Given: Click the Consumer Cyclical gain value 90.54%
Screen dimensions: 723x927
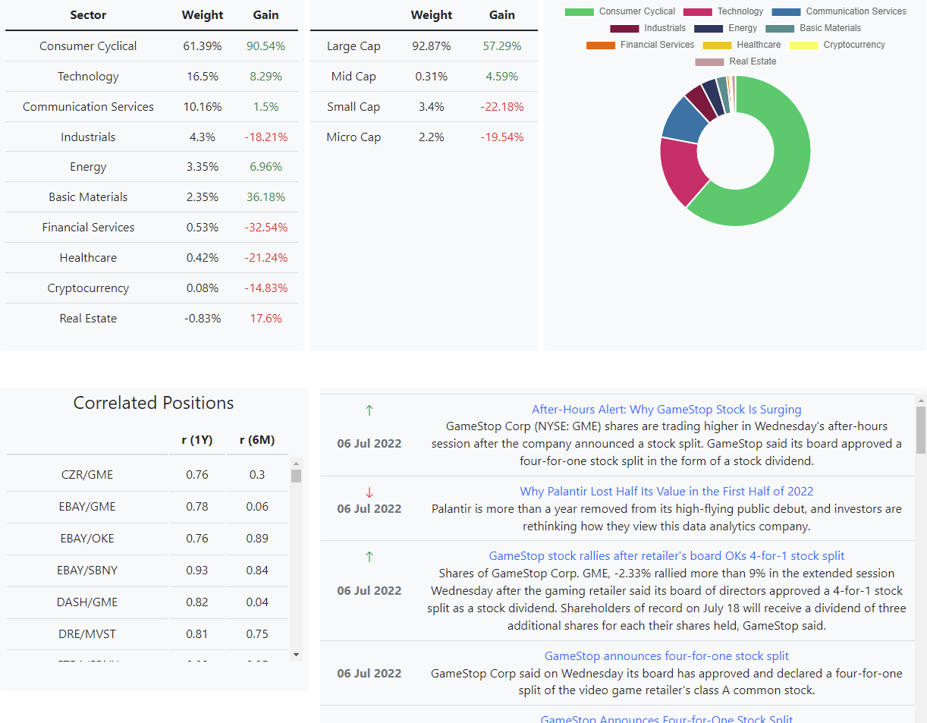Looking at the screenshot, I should (266, 46).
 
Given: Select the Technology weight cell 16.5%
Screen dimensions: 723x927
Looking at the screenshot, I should (203, 77).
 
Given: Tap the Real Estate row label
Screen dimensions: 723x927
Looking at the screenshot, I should (88, 319).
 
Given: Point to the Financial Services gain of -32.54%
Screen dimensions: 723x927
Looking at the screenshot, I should (266, 228).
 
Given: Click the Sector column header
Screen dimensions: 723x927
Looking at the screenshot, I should (88, 15).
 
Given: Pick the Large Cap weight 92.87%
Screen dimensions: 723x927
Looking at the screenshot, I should (431, 46).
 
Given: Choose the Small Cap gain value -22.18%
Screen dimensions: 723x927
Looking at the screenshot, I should (501, 107).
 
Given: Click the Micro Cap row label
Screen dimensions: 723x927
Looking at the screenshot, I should (354, 137).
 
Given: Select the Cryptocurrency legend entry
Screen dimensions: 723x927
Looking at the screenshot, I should (837, 45).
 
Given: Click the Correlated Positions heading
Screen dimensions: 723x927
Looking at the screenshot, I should (153, 403).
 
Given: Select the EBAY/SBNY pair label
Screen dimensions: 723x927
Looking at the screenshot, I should (87, 571).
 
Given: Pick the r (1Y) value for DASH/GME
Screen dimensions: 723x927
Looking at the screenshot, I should (197, 602).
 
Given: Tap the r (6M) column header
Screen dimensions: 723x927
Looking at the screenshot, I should (257, 440).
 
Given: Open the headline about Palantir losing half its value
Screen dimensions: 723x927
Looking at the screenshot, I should (666, 492).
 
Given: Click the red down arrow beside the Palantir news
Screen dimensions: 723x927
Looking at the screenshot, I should (369, 492).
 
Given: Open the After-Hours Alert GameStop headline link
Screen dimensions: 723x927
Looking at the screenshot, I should (666, 410).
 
